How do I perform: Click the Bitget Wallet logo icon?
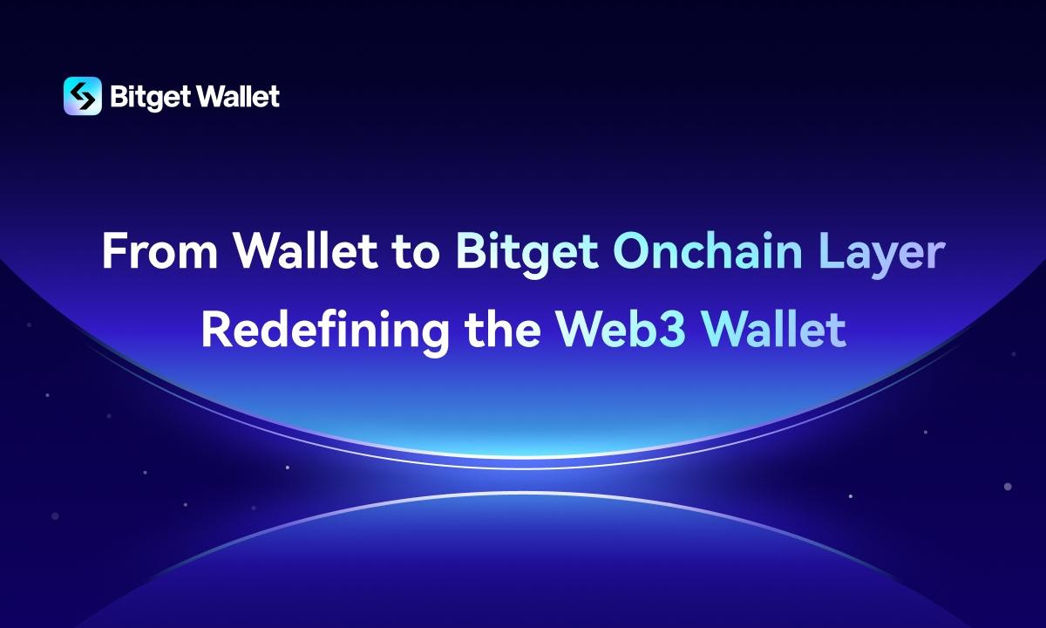(x=83, y=96)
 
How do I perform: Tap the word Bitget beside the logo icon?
(x=150, y=97)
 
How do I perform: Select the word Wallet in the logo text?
(x=238, y=96)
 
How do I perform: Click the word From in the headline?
(x=160, y=251)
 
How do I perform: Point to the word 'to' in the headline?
(x=415, y=253)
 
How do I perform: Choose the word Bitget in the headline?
(x=527, y=255)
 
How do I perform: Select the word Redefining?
(x=325, y=332)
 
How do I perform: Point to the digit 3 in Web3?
(x=673, y=329)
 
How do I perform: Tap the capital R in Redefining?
(x=217, y=329)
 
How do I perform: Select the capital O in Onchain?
(x=632, y=251)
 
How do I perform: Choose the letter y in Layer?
(x=890, y=263)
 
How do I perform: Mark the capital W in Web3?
(x=583, y=329)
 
